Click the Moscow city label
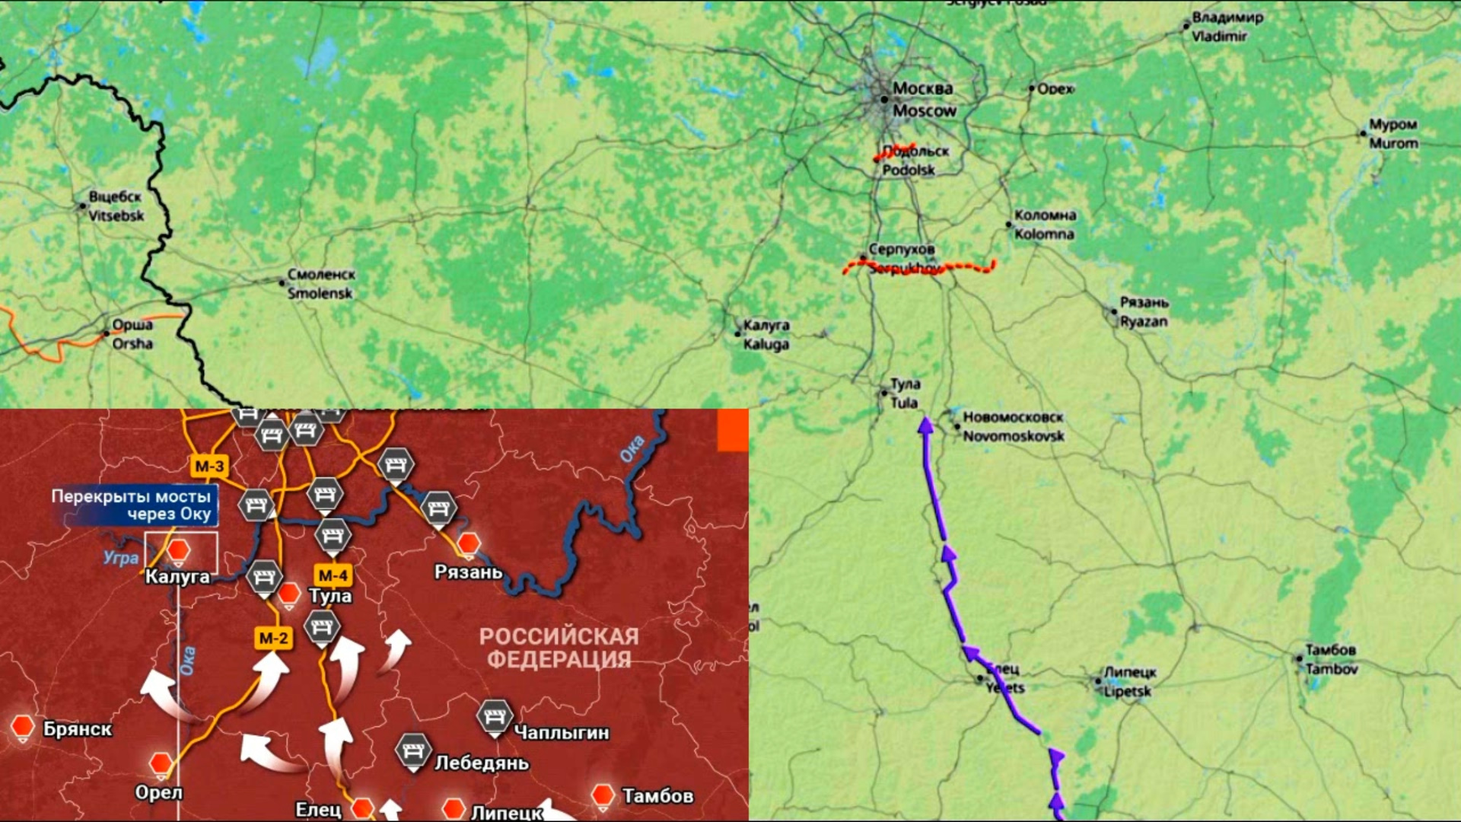(x=923, y=100)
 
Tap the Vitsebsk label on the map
(x=115, y=206)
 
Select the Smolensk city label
(x=320, y=283)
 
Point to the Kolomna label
(x=1044, y=225)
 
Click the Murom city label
(x=1393, y=133)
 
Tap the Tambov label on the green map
(x=1331, y=659)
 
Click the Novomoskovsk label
(x=1013, y=426)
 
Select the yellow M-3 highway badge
(x=209, y=467)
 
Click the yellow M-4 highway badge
(x=333, y=575)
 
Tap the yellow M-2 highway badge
(x=273, y=638)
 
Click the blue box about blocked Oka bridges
(x=133, y=505)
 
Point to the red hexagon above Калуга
(x=179, y=550)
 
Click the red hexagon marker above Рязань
(x=469, y=543)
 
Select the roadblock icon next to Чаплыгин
(x=495, y=717)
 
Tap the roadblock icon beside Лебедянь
(x=413, y=751)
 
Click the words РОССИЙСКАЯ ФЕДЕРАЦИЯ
(x=559, y=648)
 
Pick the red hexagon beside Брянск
(x=23, y=727)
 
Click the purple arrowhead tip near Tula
(x=925, y=421)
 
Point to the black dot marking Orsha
(x=107, y=333)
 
